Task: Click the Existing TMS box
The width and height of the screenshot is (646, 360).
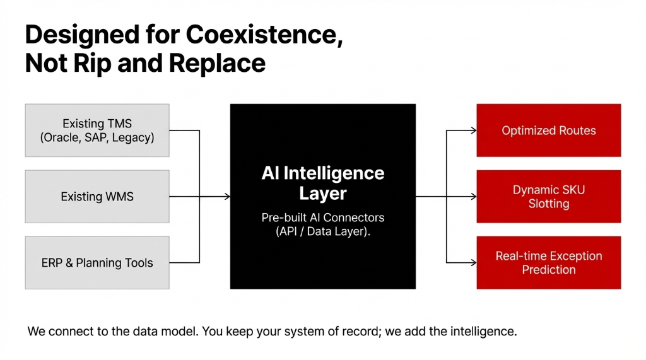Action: [97, 131]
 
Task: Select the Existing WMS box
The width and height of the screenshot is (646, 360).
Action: [97, 197]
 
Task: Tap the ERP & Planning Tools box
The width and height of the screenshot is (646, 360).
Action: [97, 263]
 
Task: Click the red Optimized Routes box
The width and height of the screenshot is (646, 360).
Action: [548, 131]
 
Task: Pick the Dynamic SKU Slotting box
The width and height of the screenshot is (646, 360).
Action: [548, 197]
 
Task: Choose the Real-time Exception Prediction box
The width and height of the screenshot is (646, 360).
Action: [548, 263]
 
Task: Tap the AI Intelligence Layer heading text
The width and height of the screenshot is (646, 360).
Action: [322, 182]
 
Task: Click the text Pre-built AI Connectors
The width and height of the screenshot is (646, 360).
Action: [322, 218]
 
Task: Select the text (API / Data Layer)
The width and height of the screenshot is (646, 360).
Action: [322, 231]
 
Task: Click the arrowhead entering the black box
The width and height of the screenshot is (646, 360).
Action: [226, 197]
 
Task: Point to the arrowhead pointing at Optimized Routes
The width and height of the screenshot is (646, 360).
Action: [473, 131]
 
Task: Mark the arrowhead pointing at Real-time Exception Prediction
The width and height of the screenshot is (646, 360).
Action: [473, 263]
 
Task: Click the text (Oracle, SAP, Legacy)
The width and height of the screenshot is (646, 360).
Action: [97, 137]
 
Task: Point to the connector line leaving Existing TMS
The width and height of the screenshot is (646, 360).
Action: [184, 131]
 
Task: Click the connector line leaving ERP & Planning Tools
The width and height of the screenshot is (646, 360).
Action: [184, 263]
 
